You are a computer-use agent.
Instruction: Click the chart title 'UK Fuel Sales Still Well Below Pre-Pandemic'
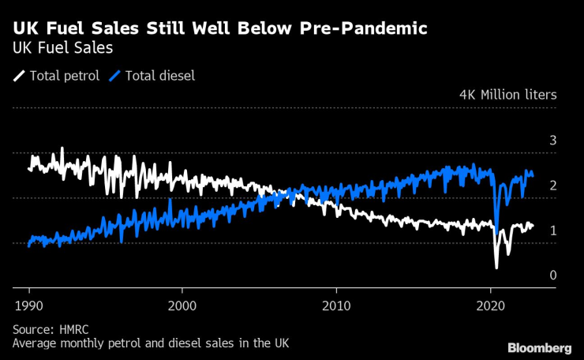pos(220,29)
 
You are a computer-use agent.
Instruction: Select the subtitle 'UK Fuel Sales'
pos(62,48)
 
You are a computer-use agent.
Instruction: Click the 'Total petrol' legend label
pos(64,76)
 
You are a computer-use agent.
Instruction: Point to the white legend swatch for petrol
pos(19,76)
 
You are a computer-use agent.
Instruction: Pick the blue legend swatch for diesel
pos(114,76)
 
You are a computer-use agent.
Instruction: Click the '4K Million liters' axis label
pos(507,95)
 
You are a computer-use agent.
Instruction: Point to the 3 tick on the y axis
pos(553,141)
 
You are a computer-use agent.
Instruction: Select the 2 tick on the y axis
pos(553,186)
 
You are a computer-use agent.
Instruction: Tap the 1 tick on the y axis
pos(553,231)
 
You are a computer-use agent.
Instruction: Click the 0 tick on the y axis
pos(553,276)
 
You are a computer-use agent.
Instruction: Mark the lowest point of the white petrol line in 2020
pos(496,268)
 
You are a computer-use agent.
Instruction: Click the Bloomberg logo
pos(538,348)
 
